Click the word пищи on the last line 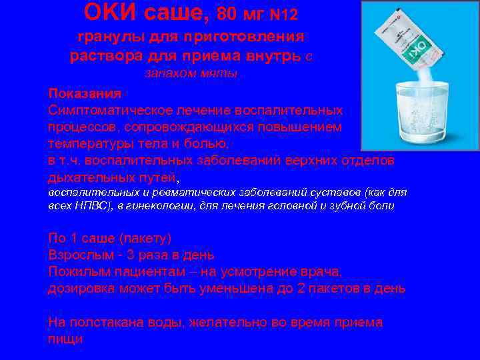[x=65, y=339]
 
